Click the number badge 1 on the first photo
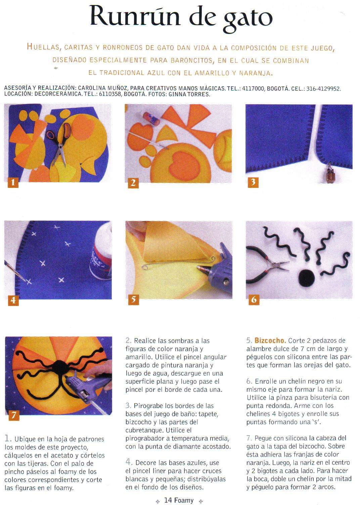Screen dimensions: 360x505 tap(13, 182)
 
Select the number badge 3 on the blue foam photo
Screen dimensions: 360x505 tap(253, 182)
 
